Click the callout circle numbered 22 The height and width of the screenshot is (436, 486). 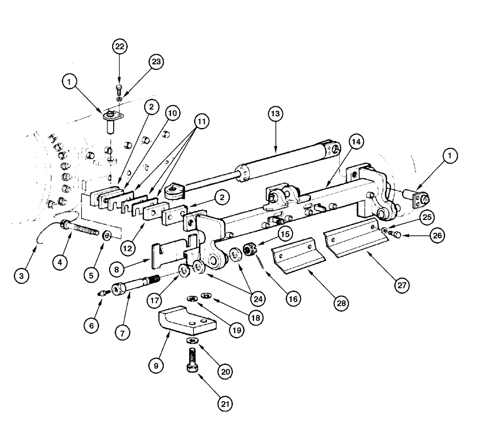(119, 47)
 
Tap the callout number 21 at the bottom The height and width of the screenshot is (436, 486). (226, 403)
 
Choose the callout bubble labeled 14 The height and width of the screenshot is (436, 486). (355, 142)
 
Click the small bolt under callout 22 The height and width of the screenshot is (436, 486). (118, 89)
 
